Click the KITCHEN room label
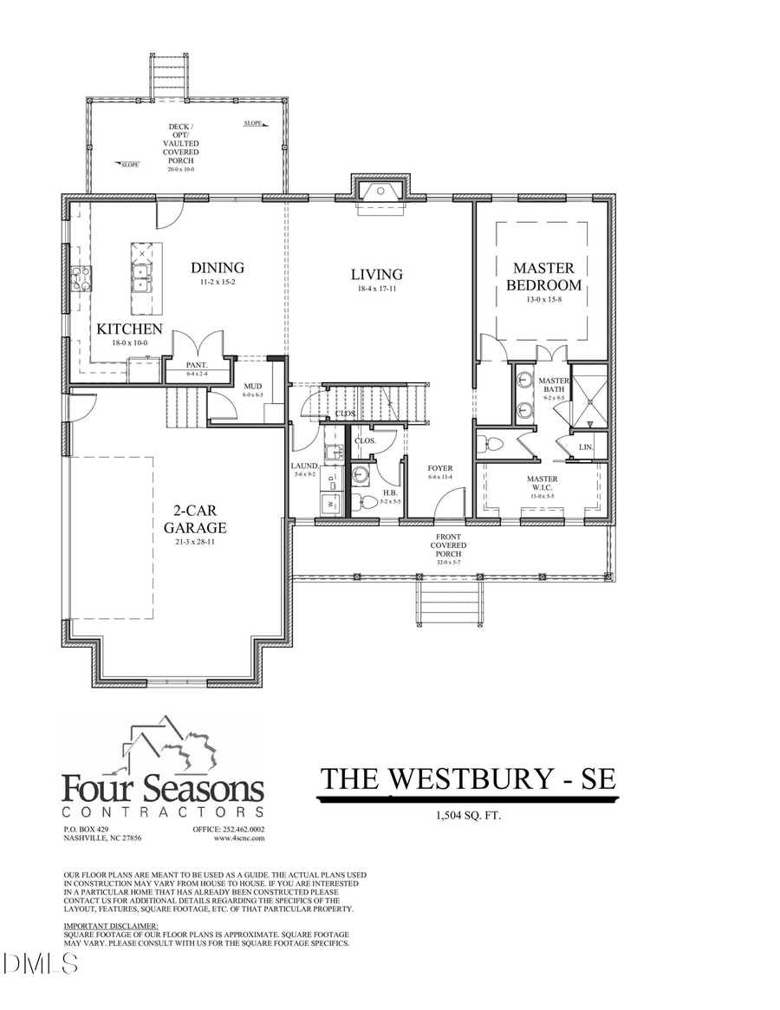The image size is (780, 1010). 129,329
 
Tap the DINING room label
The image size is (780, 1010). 218,269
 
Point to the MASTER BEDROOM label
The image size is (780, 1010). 543,277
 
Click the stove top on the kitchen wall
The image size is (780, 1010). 81,278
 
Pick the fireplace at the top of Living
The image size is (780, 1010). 380,192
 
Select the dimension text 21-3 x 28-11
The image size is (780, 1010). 195,543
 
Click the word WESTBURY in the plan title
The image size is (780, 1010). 468,779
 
